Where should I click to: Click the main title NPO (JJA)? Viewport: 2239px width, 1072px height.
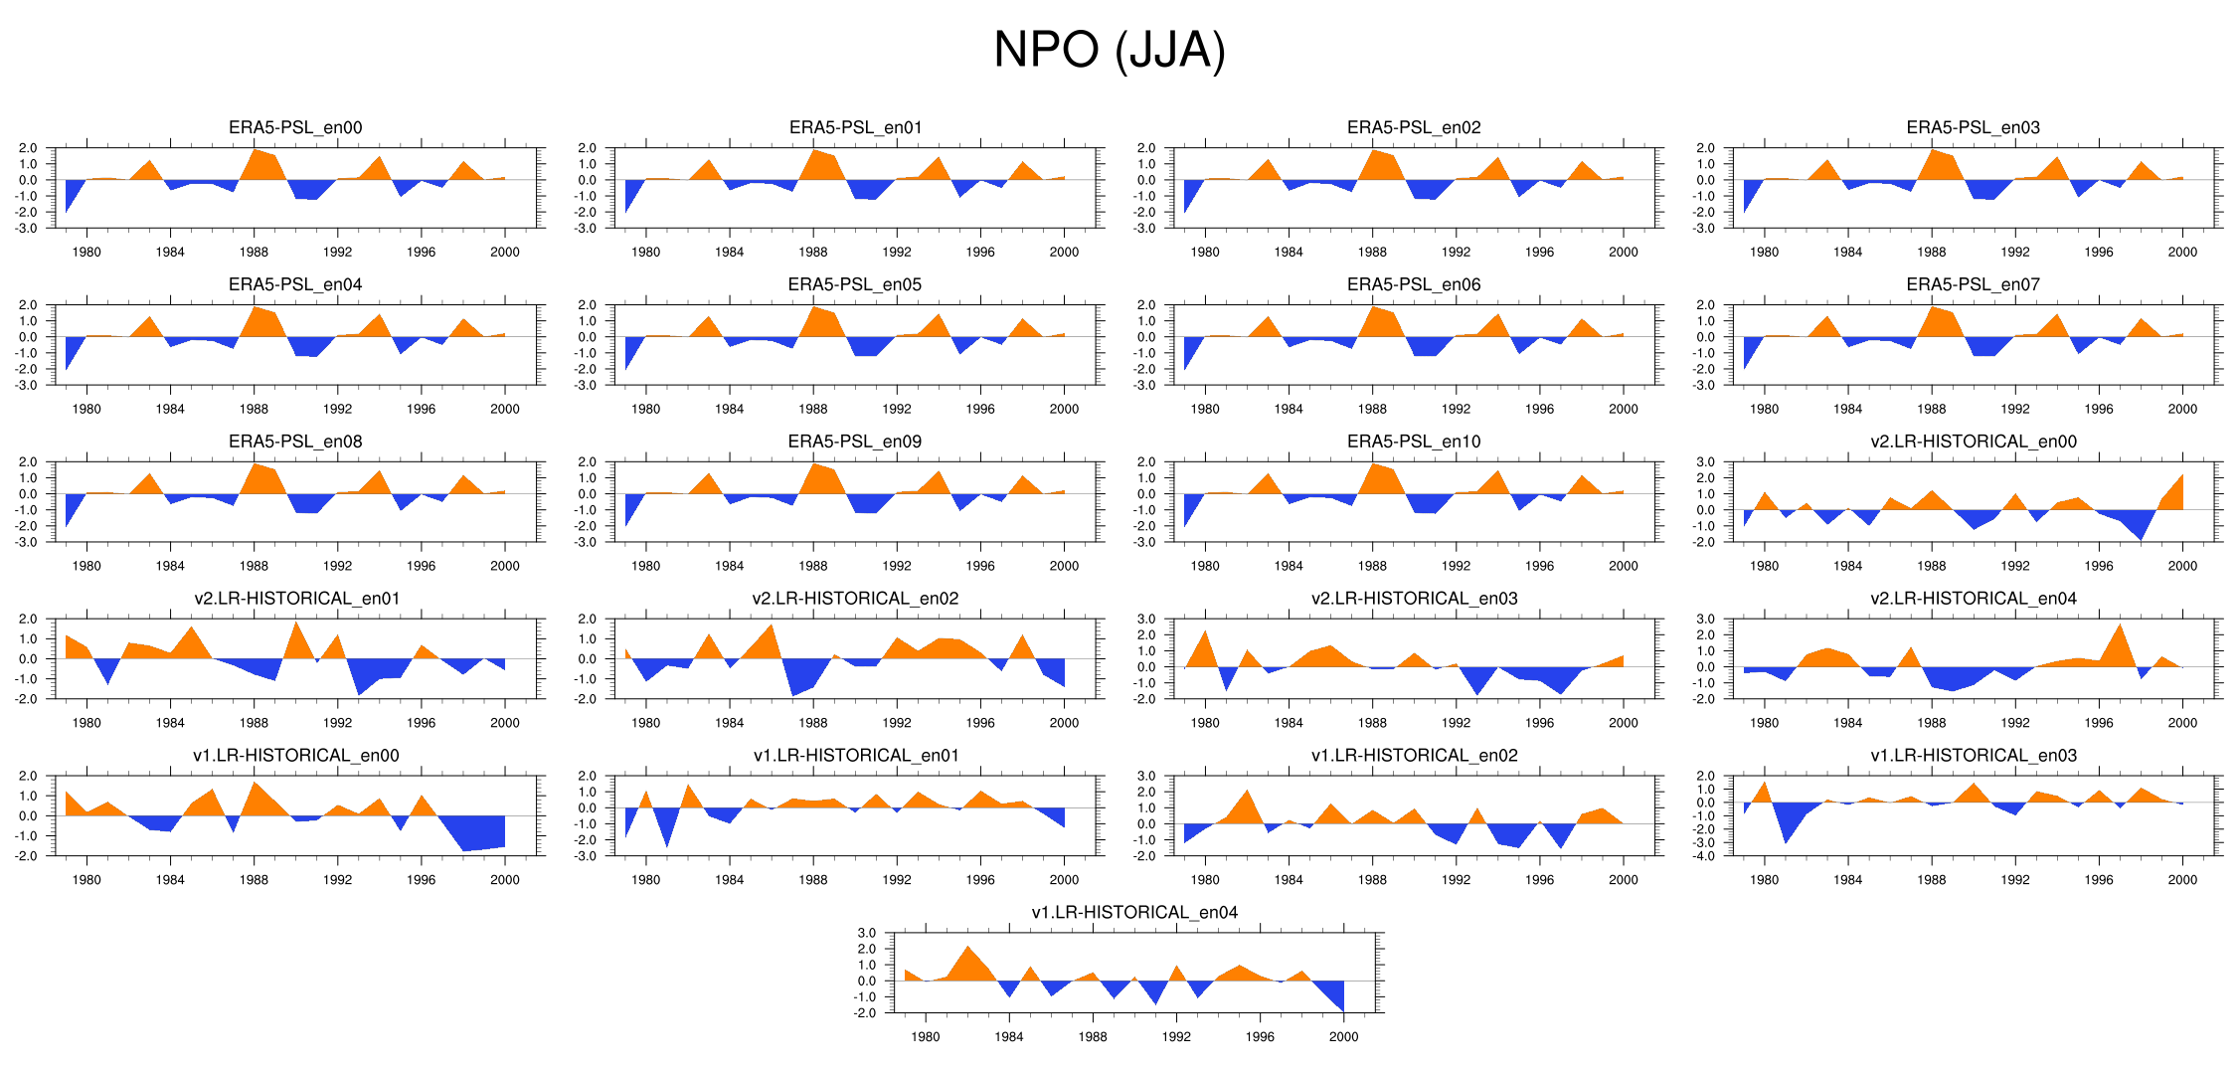(1109, 50)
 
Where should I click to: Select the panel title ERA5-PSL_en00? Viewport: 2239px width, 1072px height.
(295, 127)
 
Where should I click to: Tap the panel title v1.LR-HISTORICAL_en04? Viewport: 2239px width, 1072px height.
(1134, 912)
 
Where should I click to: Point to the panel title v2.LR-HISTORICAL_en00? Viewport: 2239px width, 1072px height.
(1973, 442)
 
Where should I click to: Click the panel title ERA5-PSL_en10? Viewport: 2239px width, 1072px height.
(1414, 442)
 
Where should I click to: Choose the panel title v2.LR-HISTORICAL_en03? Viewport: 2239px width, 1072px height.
(1414, 599)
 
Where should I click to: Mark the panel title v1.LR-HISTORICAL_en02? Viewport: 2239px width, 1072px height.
(1414, 756)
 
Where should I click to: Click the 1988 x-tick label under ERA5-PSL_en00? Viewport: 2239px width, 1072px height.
(254, 253)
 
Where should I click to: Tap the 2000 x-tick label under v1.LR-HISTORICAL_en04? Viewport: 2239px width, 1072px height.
(1343, 1037)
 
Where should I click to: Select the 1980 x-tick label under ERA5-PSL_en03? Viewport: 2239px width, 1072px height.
(1764, 253)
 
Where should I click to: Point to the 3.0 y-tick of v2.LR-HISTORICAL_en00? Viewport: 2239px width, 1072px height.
(1705, 462)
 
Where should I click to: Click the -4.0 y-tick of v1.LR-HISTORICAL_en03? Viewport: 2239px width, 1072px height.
(1704, 856)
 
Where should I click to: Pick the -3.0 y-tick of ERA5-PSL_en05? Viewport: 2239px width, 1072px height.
(586, 386)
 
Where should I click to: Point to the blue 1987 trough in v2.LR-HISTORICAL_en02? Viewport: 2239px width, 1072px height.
(792, 692)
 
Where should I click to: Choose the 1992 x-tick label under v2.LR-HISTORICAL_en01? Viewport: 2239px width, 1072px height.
(337, 723)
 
